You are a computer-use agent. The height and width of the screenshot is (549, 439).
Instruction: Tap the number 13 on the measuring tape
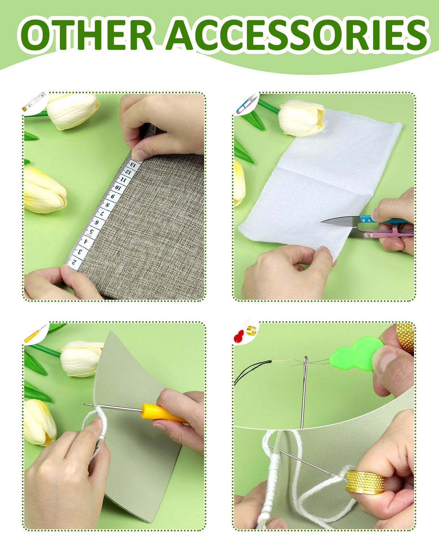(133, 164)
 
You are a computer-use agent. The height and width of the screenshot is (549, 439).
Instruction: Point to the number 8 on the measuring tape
(108, 205)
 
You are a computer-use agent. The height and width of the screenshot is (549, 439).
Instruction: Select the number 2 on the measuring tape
(74, 262)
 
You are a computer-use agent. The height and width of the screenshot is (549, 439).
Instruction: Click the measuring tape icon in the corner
(33, 102)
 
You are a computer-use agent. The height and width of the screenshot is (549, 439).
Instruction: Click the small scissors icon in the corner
(246, 104)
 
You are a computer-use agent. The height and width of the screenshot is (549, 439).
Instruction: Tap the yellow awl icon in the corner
(35, 334)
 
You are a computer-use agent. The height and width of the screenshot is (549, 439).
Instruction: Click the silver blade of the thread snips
(341, 220)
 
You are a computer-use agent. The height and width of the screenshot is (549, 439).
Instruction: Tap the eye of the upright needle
(306, 361)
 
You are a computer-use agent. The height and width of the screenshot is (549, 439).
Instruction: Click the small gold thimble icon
(251, 331)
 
